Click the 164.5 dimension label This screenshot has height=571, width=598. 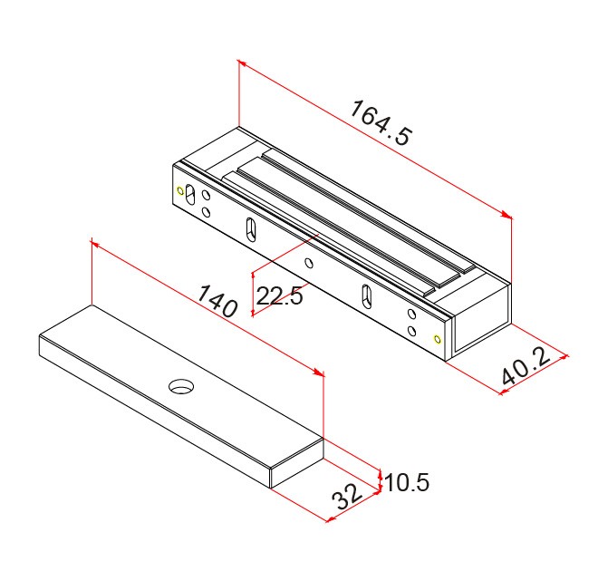click(x=381, y=123)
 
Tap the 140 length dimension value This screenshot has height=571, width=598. click(x=217, y=301)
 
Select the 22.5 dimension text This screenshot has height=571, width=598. click(x=280, y=295)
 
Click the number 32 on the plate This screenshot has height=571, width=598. click(x=347, y=497)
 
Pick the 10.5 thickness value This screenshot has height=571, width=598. click(x=407, y=482)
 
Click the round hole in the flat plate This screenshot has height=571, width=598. click(x=181, y=386)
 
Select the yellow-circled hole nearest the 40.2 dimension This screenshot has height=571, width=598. click(x=438, y=339)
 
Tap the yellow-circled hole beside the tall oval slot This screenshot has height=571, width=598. click(x=180, y=190)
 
